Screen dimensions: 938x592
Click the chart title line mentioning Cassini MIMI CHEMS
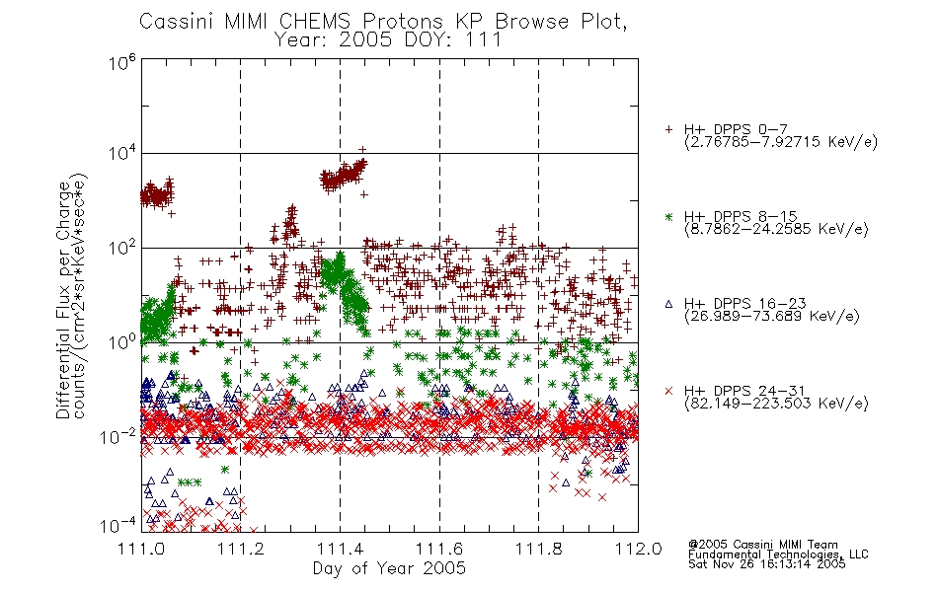coord(383,21)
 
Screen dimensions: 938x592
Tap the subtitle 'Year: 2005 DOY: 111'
coord(388,40)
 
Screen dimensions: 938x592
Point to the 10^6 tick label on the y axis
coord(122,62)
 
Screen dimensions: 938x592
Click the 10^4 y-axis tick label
coord(122,153)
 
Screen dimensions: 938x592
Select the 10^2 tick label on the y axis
coord(122,248)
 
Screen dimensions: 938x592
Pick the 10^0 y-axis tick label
coord(122,342)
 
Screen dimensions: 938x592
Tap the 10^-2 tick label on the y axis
coord(117,437)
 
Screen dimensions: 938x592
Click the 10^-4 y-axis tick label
coord(117,526)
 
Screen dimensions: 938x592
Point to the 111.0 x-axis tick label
coord(141,549)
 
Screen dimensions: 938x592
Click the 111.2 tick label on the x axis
coord(241,549)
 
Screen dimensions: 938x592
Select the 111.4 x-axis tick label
coord(340,549)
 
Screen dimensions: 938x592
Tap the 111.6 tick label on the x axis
coord(439,549)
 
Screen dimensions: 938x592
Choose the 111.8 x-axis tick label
coord(538,549)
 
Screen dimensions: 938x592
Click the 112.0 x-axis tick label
coord(638,549)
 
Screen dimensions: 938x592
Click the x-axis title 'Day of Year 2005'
coord(389,568)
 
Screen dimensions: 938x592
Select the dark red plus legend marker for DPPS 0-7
coord(668,129)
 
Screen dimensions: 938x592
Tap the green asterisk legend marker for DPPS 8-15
coord(668,216)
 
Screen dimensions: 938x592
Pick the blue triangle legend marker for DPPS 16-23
coord(668,304)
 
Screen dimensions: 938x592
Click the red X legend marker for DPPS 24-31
coord(668,391)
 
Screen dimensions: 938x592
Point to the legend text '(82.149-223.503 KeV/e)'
coord(776,404)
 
